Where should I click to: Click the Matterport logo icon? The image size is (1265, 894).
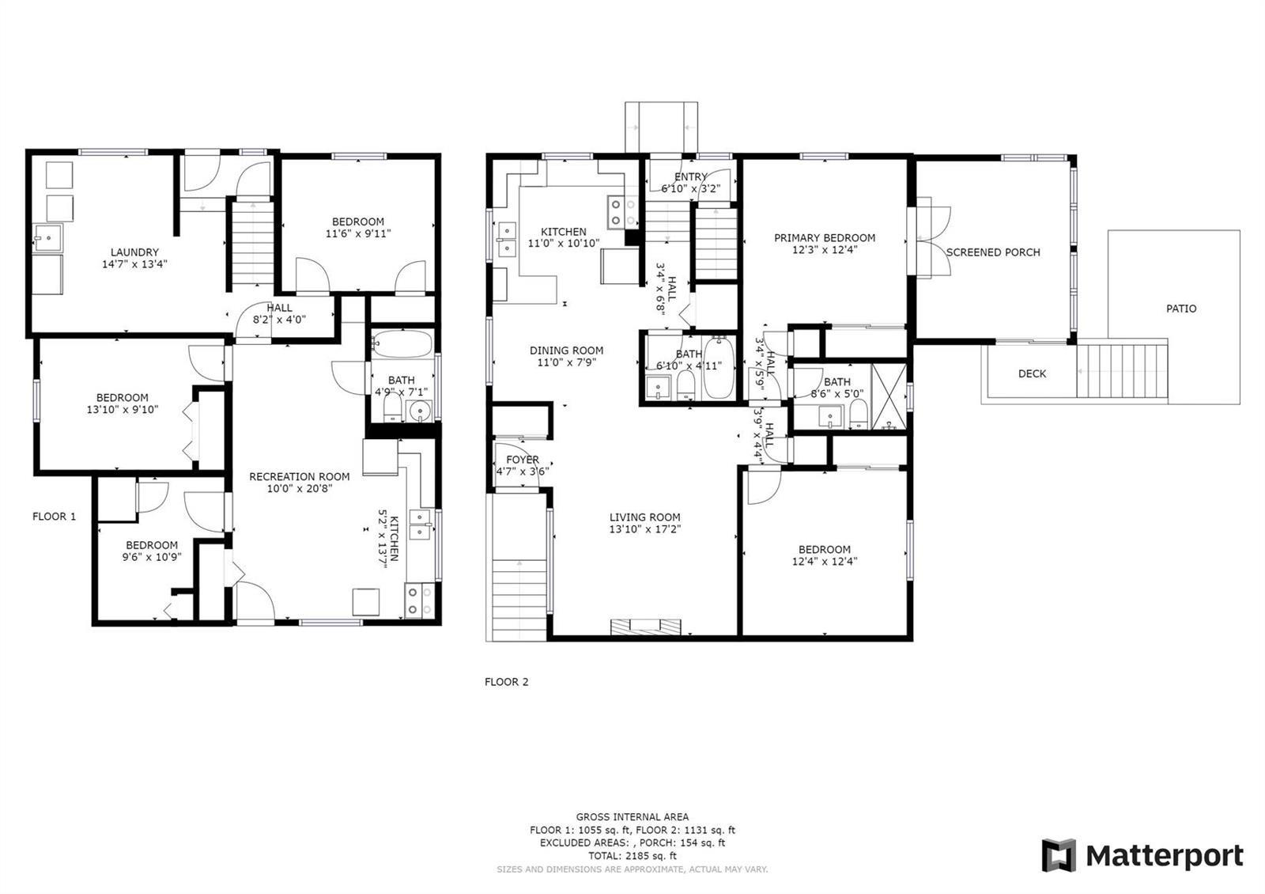pos(1059,855)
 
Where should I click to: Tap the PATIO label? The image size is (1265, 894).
pos(1181,309)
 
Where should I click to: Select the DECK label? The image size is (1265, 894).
pos(1032,373)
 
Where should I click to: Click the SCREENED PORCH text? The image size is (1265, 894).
pos(993,252)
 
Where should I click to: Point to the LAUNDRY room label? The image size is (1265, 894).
pos(134,252)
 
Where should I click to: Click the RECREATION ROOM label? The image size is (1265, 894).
pos(300,476)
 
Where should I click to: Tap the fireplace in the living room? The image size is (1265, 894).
pos(645,627)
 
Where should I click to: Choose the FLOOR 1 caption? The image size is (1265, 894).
pos(54,516)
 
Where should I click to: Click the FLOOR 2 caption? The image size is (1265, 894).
pos(506,681)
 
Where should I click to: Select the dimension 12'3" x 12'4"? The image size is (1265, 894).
pos(825,250)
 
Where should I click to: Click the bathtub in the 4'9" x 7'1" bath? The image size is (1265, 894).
pos(402,343)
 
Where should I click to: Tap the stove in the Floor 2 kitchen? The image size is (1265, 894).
pos(622,212)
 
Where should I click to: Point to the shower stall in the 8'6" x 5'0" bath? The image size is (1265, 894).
pos(889,396)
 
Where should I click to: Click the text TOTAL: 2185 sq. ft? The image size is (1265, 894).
pos(632,855)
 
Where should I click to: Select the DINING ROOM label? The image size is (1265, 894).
pos(566,350)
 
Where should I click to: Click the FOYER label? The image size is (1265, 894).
pos(523,460)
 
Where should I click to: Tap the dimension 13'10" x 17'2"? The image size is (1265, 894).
pos(645,529)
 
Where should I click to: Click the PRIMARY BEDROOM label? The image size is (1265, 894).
pos(825,238)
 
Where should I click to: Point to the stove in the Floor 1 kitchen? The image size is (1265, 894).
pos(419,600)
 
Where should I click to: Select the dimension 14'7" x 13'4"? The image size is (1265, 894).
pos(134,264)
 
